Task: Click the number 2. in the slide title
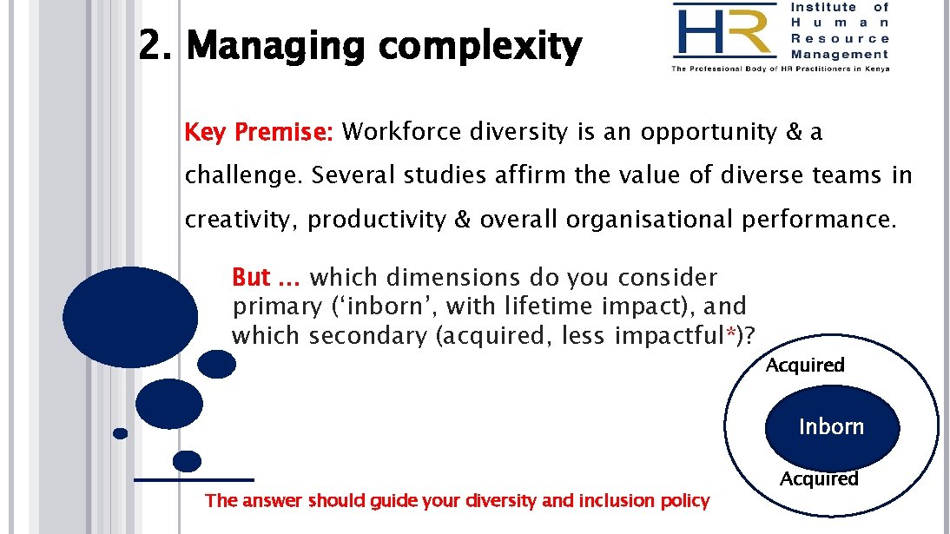click(x=158, y=47)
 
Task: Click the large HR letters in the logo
click(x=723, y=32)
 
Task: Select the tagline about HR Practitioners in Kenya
click(x=780, y=69)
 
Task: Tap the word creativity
click(x=239, y=220)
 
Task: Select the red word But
click(x=251, y=278)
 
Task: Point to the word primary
click(x=277, y=307)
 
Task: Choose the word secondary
click(x=368, y=335)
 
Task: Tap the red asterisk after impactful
click(x=732, y=333)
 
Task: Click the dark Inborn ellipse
click(x=831, y=427)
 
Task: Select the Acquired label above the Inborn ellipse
click(x=805, y=365)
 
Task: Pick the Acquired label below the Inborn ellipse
click(x=819, y=478)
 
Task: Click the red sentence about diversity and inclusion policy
click(x=457, y=501)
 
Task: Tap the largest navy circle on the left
click(x=130, y=316)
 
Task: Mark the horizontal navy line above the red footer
click(x=194, y=479)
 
